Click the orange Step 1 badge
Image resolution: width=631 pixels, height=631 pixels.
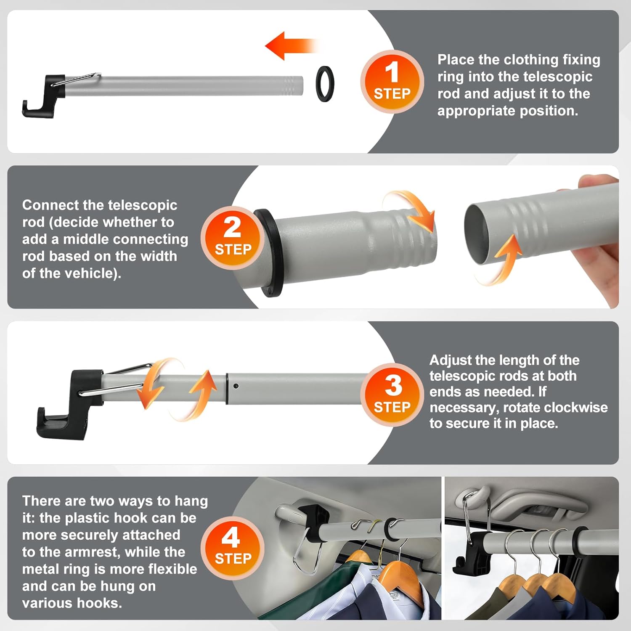click(392, 82)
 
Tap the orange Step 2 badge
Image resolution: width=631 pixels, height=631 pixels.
click(233, 238)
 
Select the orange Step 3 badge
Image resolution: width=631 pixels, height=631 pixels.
click(392, 395)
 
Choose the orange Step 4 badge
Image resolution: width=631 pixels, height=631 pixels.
click(233, 548)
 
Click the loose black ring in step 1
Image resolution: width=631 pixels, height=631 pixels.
click(325, 84)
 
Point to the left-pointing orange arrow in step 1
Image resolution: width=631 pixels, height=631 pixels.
click(291, 45)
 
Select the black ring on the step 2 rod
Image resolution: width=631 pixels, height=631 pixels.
click(268, 253)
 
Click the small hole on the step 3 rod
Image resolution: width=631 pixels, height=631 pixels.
click(236, 386)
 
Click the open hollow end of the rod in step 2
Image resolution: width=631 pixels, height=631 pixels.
click(478, 231)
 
